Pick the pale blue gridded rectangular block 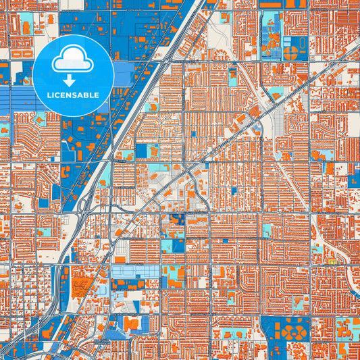[x=136, y=271]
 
